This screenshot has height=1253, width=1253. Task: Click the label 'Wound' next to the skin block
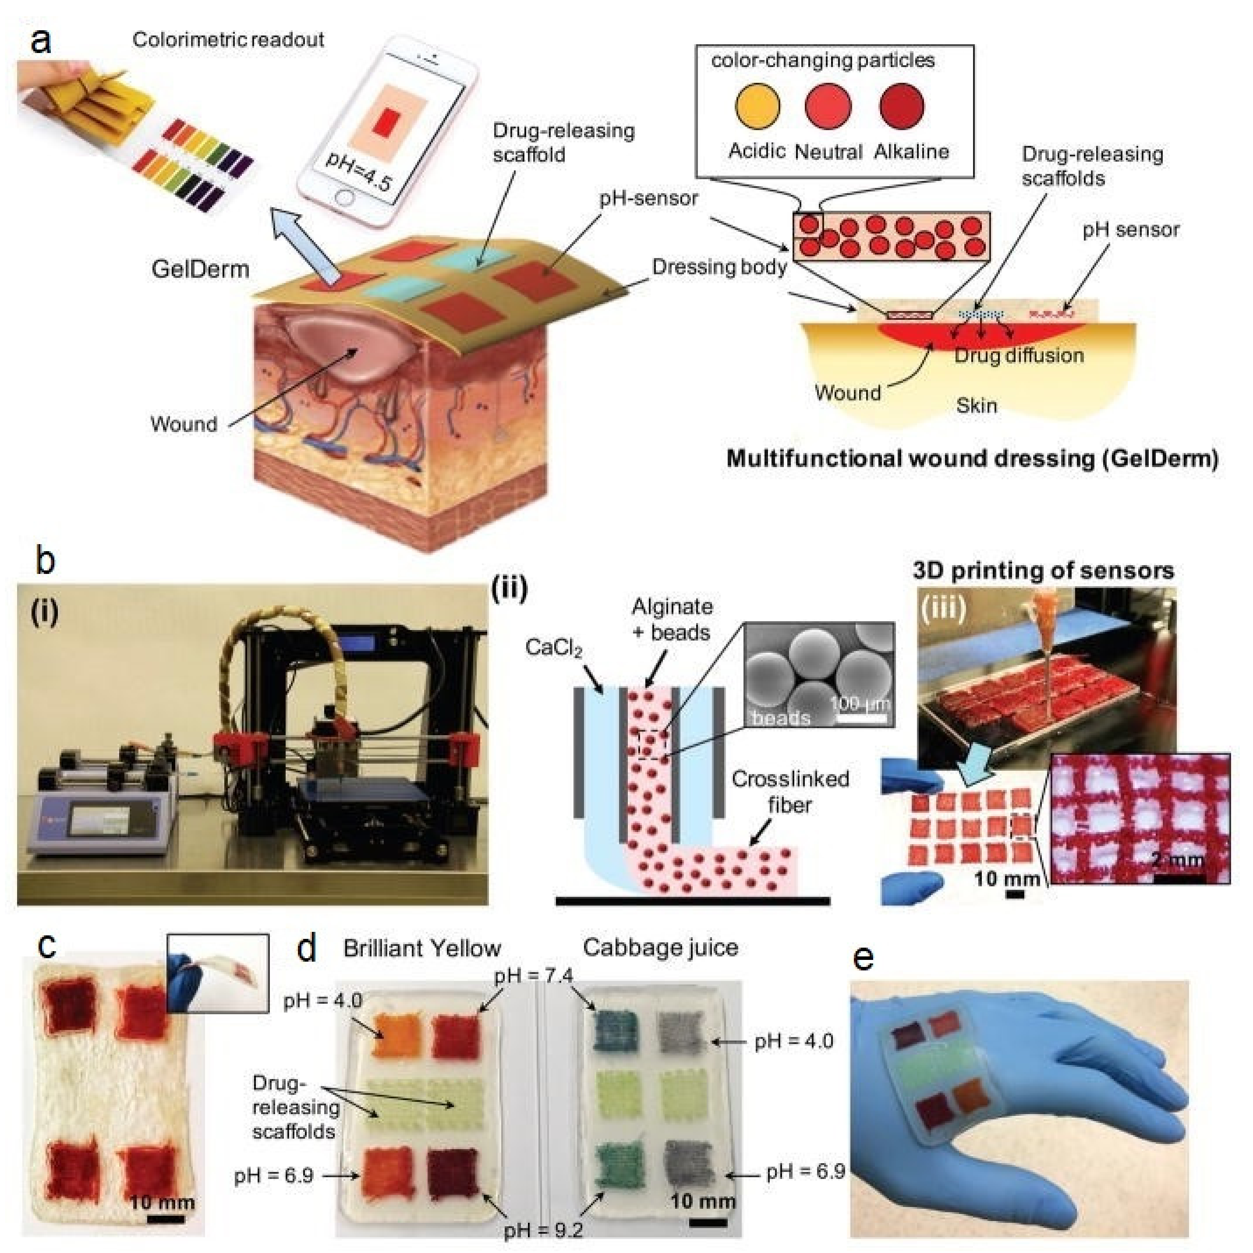click(x=184, y=424)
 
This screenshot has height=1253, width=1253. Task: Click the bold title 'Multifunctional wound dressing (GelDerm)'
click(x=972, y=459)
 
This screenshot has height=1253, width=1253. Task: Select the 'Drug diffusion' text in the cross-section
click(x=1018, y=355)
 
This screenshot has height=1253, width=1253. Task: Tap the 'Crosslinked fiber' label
click(x=790, y=791)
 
